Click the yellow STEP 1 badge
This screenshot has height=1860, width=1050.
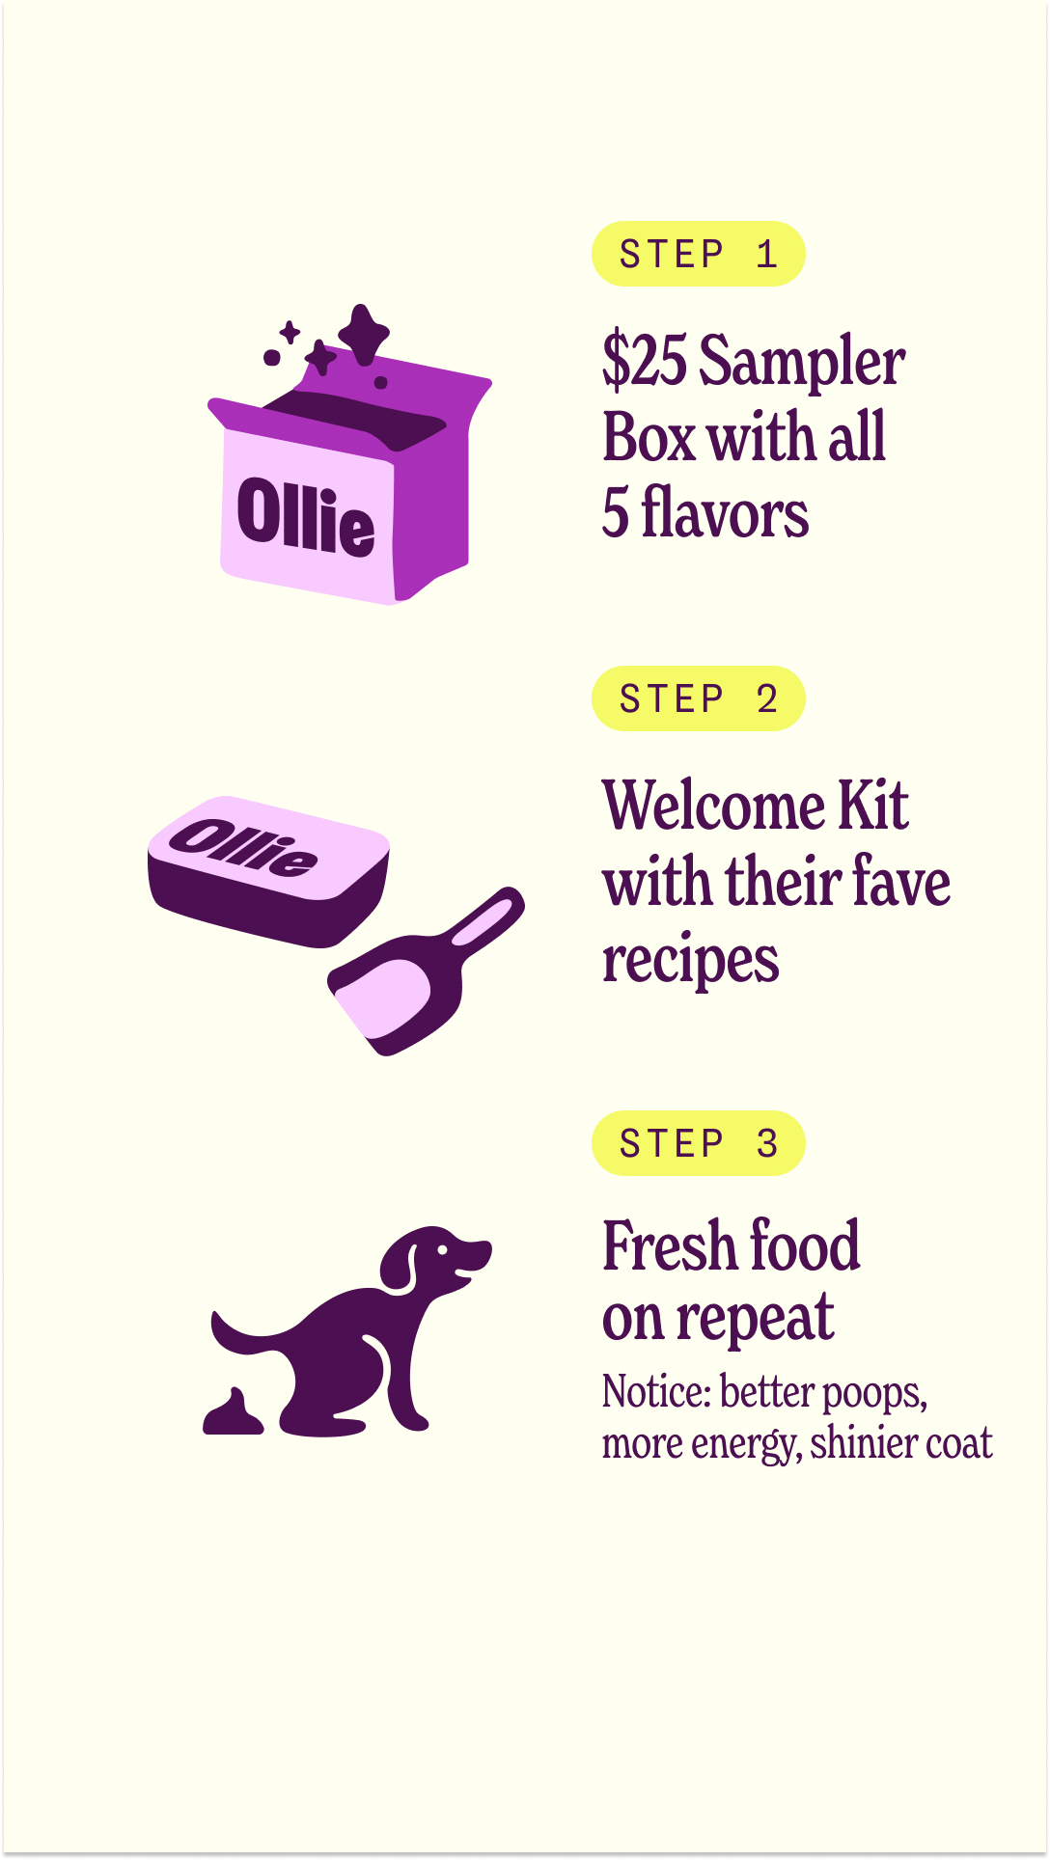pos(699,254)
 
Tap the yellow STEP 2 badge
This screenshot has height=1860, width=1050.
pos(699,698)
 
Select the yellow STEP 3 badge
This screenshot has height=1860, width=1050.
pos(699,1143)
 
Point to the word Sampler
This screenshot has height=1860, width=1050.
pos(802,365)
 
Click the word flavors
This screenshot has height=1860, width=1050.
pos(725,512)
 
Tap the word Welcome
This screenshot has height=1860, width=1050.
pos(713,806)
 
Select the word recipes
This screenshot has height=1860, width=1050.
pos(690,961)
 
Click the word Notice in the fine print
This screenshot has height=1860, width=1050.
pos(656,1391)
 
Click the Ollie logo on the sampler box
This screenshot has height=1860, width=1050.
pos(306,518)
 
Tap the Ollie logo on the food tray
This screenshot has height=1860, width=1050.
pos(244,847)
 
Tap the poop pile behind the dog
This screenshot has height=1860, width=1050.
pos(233,1412)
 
